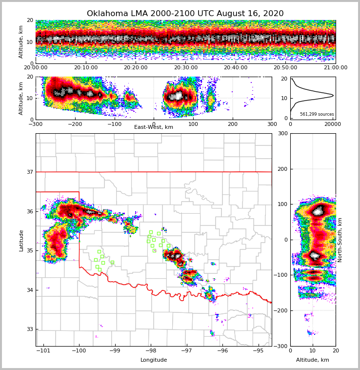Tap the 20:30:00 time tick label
coord(186,68)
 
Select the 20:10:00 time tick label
coord(86,68)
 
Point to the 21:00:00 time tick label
coord(335,68)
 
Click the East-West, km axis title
coord(154,127)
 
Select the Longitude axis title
coord(154,360)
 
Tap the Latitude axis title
coord(21,240)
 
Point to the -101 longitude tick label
coord(44,350)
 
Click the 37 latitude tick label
coord(30,172)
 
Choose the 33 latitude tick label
coord(30,329)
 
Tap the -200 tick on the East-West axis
coord(75,124)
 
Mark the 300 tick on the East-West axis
coord(272,124)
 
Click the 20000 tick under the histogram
coord(332,124)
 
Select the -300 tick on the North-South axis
coord(281,346)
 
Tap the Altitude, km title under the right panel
coord(313,360)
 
